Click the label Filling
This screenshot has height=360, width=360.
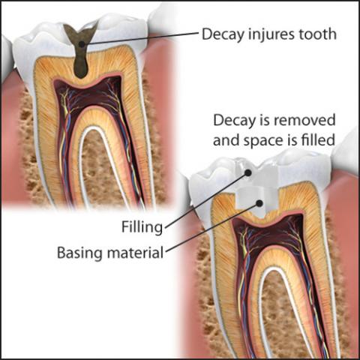click(142, 227)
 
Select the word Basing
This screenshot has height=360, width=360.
click(80, 253)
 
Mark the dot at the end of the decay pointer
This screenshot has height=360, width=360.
click(82, 44)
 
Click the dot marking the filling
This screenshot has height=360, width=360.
click(247, 172)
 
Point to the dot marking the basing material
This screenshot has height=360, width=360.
click(259, 203)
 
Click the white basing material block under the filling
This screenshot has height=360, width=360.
click(253, 200)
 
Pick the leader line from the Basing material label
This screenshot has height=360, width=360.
click(213, 227)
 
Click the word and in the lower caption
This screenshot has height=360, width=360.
click(226, 140)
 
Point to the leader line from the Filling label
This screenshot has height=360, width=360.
click(206, 200)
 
